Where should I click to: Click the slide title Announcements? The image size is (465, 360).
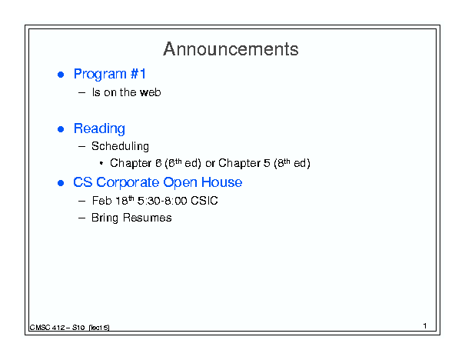click(x=231, y=49)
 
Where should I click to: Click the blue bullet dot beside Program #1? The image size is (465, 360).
click(x=61, y=75)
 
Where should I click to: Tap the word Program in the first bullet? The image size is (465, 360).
click(x=100, y=75)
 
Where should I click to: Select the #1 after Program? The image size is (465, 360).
click(x=138, y=74)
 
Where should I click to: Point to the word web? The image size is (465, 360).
click(x=151, y=92)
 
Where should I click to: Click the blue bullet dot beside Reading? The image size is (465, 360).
click(x=61, y=129)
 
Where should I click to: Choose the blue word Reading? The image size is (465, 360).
click(x=99, y=129)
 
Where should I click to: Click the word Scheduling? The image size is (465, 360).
click(x=120, y=146)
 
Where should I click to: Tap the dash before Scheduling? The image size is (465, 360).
click(x=81, y=146)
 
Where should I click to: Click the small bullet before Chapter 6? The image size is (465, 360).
click(x=101, y=163)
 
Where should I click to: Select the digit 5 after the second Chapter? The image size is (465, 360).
click(x=267, y=163)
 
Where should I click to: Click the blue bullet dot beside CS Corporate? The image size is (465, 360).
click(x=61, y=183)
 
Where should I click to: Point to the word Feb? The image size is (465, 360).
click(x=101, y=201)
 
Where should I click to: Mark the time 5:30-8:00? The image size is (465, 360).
click(x=162, y=201)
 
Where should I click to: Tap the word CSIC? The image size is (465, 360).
click(x=204, y=201)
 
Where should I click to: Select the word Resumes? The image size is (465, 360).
click(x=147, y=218)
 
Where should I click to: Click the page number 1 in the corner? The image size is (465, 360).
click(x=425, y=326)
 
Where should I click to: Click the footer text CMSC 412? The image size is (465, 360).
click(x=47, y=328)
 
